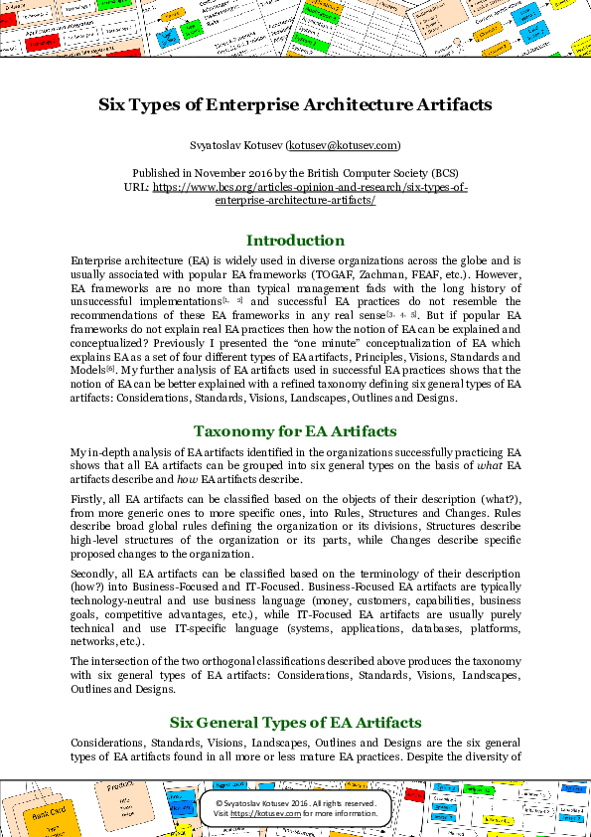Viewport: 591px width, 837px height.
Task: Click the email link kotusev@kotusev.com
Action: (343, 145)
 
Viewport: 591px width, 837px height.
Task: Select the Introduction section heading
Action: (295, 241)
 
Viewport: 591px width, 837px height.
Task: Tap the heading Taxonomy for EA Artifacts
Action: (295, 430)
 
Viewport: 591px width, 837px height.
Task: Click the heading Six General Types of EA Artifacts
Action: (295, 722)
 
